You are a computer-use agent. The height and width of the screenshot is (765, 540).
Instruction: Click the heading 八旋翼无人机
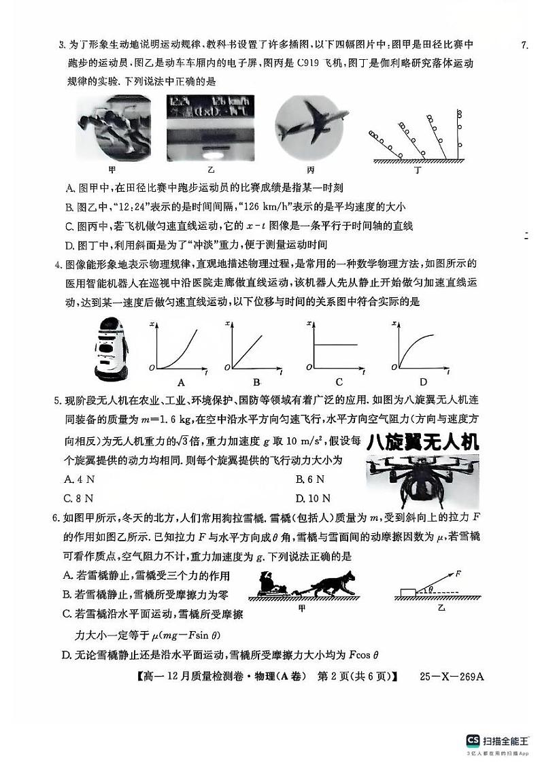tap(422, 443)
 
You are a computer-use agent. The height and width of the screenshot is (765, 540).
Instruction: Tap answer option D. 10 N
tap(314, 498)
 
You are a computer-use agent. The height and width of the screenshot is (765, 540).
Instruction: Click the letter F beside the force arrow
tap(459, 573)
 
